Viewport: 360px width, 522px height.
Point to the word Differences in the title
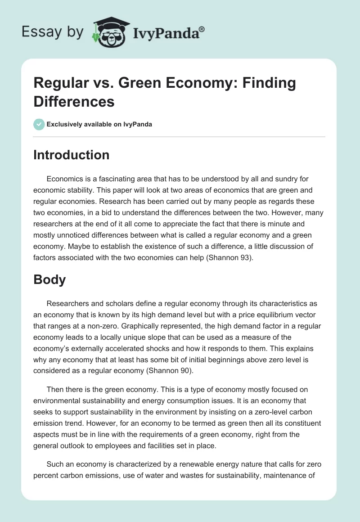[74, 101]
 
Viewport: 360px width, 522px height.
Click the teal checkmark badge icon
[39, 124]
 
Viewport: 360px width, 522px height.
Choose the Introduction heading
[72, 155]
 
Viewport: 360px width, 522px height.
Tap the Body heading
[49, 279]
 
